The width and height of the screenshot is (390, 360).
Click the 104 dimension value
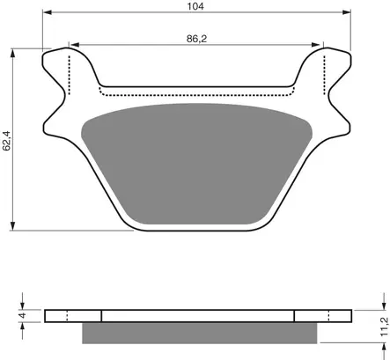coord(195,6)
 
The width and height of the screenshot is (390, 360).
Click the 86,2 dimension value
coord(196,39)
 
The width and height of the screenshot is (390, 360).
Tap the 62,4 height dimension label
coord(6,141)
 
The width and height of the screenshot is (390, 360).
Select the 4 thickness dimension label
coord(22,315)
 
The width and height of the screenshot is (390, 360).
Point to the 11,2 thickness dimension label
coord(384,327)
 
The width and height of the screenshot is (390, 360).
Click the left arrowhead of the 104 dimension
coord(48,12)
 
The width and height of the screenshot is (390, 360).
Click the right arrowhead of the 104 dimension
coord(346,12)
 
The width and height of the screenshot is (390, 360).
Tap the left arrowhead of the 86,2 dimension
coord(75,45)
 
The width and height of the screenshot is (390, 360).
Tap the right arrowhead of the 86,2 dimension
coord(315,45)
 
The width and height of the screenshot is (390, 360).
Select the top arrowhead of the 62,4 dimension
coord(12,54)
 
